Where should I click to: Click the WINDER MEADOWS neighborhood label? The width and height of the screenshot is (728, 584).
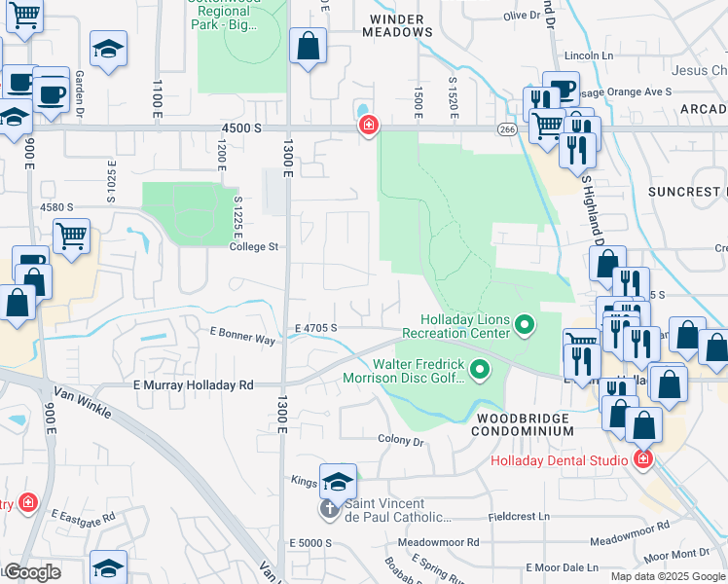pos(397,24)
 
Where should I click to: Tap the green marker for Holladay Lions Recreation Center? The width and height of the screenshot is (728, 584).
pos(525,325)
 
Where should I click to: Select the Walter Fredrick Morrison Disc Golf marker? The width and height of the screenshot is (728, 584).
pos(479,370)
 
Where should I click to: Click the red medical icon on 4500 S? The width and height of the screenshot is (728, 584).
pos(368,127)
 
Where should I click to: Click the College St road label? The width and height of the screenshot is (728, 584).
pos(254,247)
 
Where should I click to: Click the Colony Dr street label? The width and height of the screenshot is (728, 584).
pos(402,441)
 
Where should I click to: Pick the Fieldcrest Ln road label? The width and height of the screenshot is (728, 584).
pos(519,516)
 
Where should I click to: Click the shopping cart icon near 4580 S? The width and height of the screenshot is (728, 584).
pos(72,236)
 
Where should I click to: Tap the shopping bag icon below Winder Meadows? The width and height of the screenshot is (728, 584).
pos(308,46)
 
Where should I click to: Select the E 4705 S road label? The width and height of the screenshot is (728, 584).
pos(315,328)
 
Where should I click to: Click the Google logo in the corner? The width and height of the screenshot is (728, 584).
pos(31,572)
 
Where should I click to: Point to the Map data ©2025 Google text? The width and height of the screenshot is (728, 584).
pos(668,576)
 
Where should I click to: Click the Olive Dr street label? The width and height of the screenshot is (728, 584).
pos(522,16)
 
